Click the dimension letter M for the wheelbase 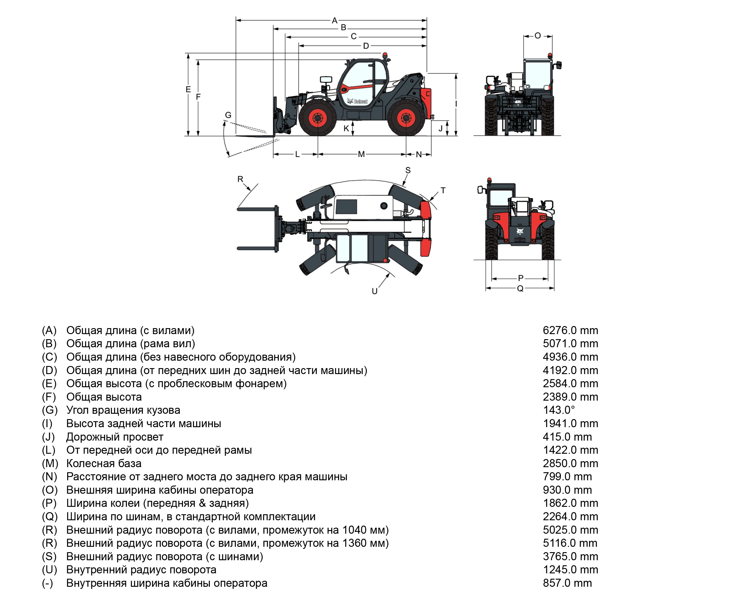(x=361, y=154)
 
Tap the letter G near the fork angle (x=228, y=115)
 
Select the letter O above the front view (x=537, y=35)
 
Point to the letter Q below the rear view (x=520, y=289)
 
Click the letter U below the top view (x=375, y=291)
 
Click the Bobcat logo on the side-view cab (x=357, y=101)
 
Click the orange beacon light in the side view (x=385, y=55)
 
